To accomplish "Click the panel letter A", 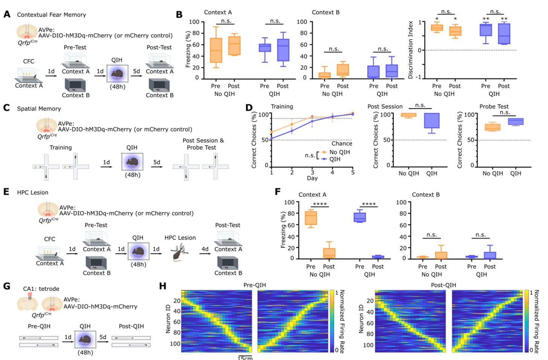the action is coord(7,14).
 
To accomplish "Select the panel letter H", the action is coord(163,286).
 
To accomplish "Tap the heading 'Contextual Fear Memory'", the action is coord(51,15).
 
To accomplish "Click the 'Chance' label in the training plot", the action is coord(342,143).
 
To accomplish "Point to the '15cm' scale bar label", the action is coord(245,358).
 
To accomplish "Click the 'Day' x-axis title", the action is coord(312,178).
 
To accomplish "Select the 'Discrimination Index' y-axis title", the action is coord(411,50).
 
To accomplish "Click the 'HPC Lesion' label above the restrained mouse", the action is coord(180,238).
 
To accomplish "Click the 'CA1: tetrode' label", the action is coord(41,289).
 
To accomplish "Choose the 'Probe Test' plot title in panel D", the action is coord(494,107).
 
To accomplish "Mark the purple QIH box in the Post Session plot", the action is coord(432,121).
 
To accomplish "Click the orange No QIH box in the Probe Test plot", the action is coord(493,127).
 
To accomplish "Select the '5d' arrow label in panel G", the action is coord(103,337).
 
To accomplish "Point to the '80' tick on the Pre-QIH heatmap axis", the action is coord(177,333).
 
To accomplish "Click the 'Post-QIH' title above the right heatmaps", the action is coord(443,285).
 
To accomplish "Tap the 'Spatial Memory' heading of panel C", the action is coord(39,109).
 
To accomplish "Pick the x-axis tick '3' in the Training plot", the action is coord(312,172).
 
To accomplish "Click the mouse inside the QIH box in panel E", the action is coord(138,251).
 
